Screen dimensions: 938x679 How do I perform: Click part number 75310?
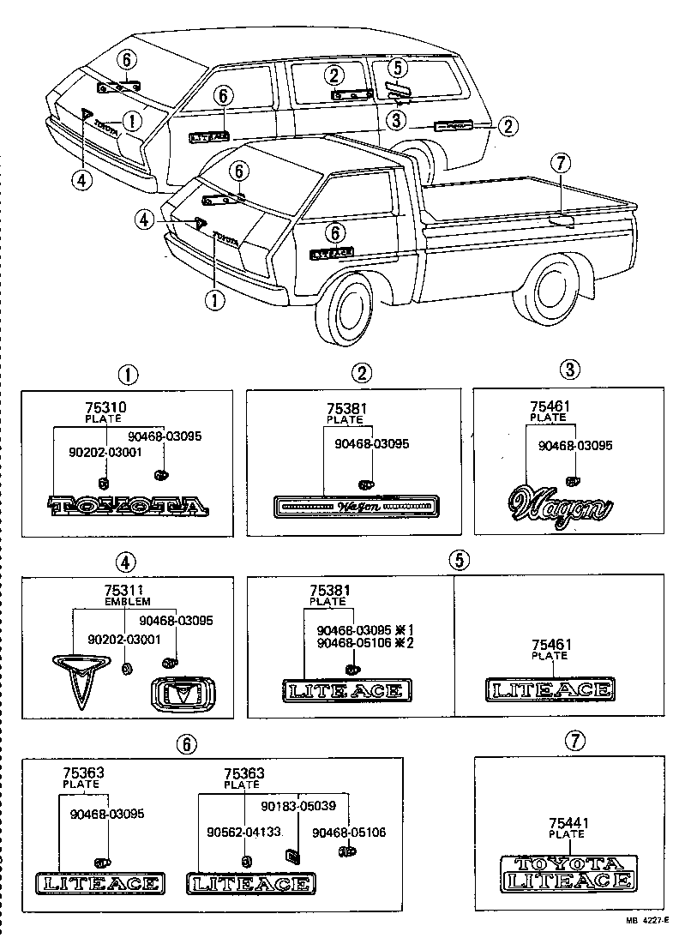(x=103, y=408)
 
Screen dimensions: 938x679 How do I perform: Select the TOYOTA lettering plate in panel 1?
(x=128, y=508)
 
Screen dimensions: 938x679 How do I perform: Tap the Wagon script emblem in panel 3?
(x=561, y=505)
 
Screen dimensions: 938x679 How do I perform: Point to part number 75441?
(x=567, y=822)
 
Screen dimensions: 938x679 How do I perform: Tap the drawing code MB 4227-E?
(x=642, y=923)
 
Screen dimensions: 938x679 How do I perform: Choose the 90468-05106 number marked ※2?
(x=353, y=644)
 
